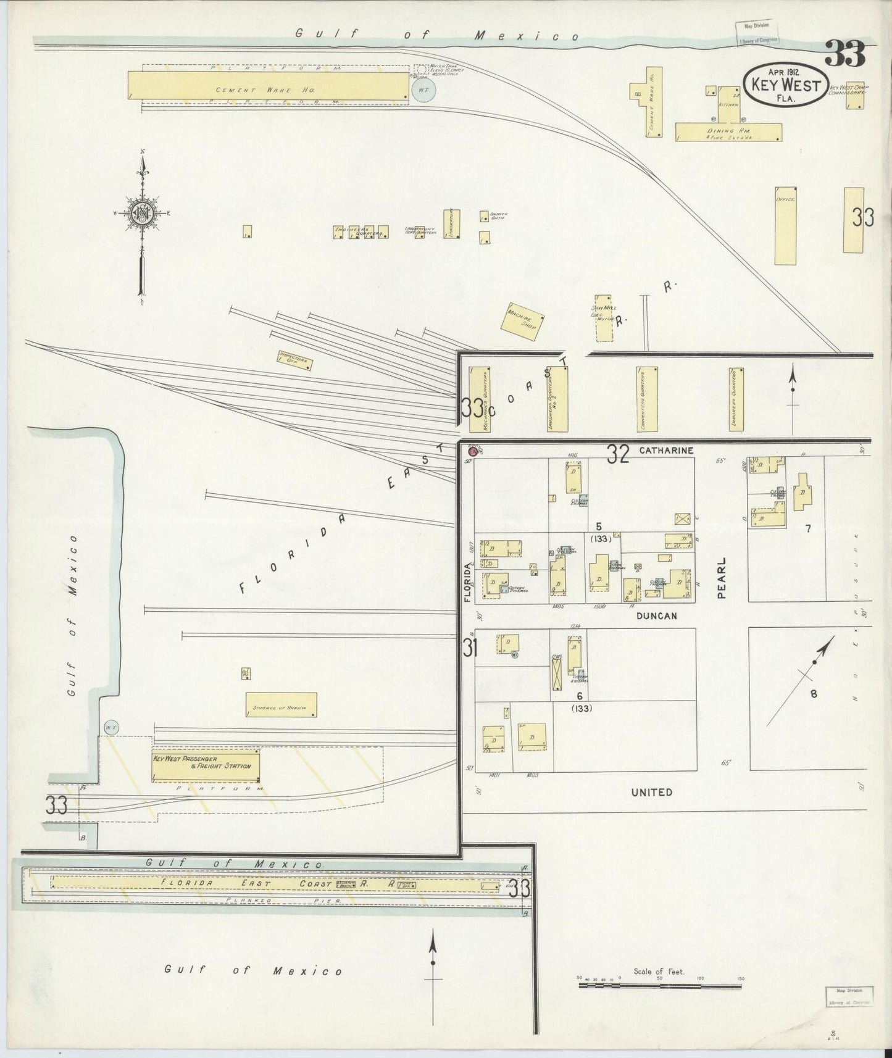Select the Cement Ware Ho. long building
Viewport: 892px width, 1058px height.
[269, 84]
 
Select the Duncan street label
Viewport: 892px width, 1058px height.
[654, 615]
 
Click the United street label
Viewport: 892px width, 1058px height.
[652, 792]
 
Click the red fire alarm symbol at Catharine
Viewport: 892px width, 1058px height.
[473, 451]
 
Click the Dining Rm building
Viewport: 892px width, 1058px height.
[728, 132]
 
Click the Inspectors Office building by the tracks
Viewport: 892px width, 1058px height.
[295, 360]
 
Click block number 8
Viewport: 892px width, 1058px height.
[814, 693]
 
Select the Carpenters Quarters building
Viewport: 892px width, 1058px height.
[647, 399]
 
